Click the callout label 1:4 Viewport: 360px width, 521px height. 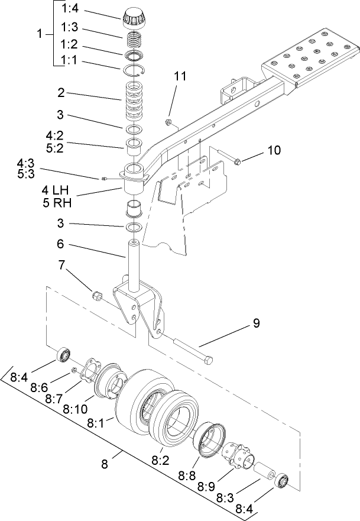point(73,9)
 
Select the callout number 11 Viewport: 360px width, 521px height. point(180,76)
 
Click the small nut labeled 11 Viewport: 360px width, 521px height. point(168,122)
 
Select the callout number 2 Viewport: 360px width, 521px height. point(60,93)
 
